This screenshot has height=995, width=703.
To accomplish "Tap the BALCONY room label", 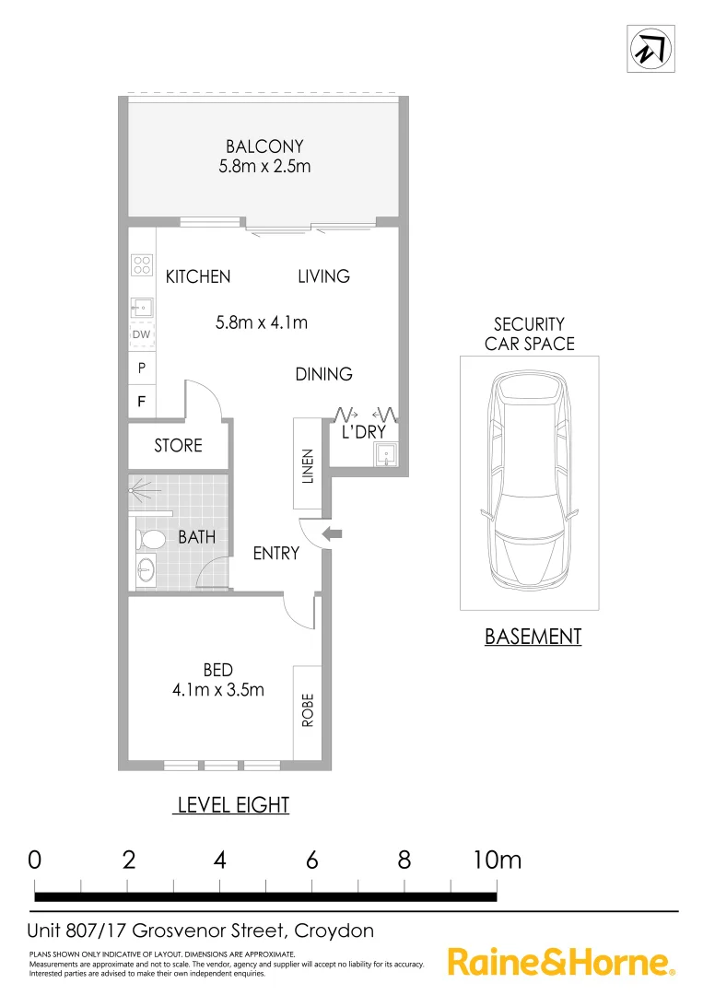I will click(x=264, y=146).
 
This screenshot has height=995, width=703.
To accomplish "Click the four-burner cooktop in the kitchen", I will click(x=142, y=265).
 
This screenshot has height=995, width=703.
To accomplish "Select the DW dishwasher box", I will click(x=141, y=334).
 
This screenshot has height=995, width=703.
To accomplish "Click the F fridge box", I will click(x=141, y=401).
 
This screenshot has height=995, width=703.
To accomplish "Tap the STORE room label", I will click(x=178, y=446).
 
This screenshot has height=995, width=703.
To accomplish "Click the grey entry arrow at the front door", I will click(x=332, y=533).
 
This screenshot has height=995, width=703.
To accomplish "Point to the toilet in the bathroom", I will click(x=150, y=538).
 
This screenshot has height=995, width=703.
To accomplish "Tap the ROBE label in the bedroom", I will click(x=308, y=711).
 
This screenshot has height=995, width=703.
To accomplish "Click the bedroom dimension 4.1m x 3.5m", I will click(x=219, y=689).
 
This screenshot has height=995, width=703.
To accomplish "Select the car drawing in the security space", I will click(x=529, y=482).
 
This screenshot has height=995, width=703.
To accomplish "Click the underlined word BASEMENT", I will click(x=533, y=636).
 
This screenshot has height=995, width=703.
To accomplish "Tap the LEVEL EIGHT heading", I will click(x=233, y=805).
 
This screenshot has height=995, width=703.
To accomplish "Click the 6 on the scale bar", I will click(x=312, y=860).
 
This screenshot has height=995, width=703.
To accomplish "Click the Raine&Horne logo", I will click(x=560, y=963).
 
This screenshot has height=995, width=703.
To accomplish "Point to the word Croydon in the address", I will click(x=334, y=931).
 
